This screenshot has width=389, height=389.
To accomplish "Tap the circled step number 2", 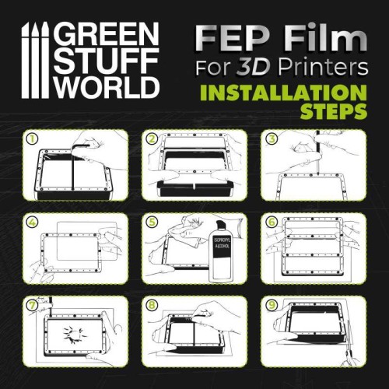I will pyautogui.click(x=151, y=139).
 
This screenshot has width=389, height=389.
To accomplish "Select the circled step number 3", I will pyautogui.click(x=270, y=139).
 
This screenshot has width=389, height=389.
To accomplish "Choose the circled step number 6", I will pyautogui.click(x=270, y=221).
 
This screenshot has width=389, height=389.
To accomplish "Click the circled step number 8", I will pyautogui.click(x=151, y=303).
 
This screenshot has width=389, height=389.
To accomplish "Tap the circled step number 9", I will pyautogui.click(x=270, y=303).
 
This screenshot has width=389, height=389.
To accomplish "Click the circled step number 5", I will pyautogui.click(x=151, y=221).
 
